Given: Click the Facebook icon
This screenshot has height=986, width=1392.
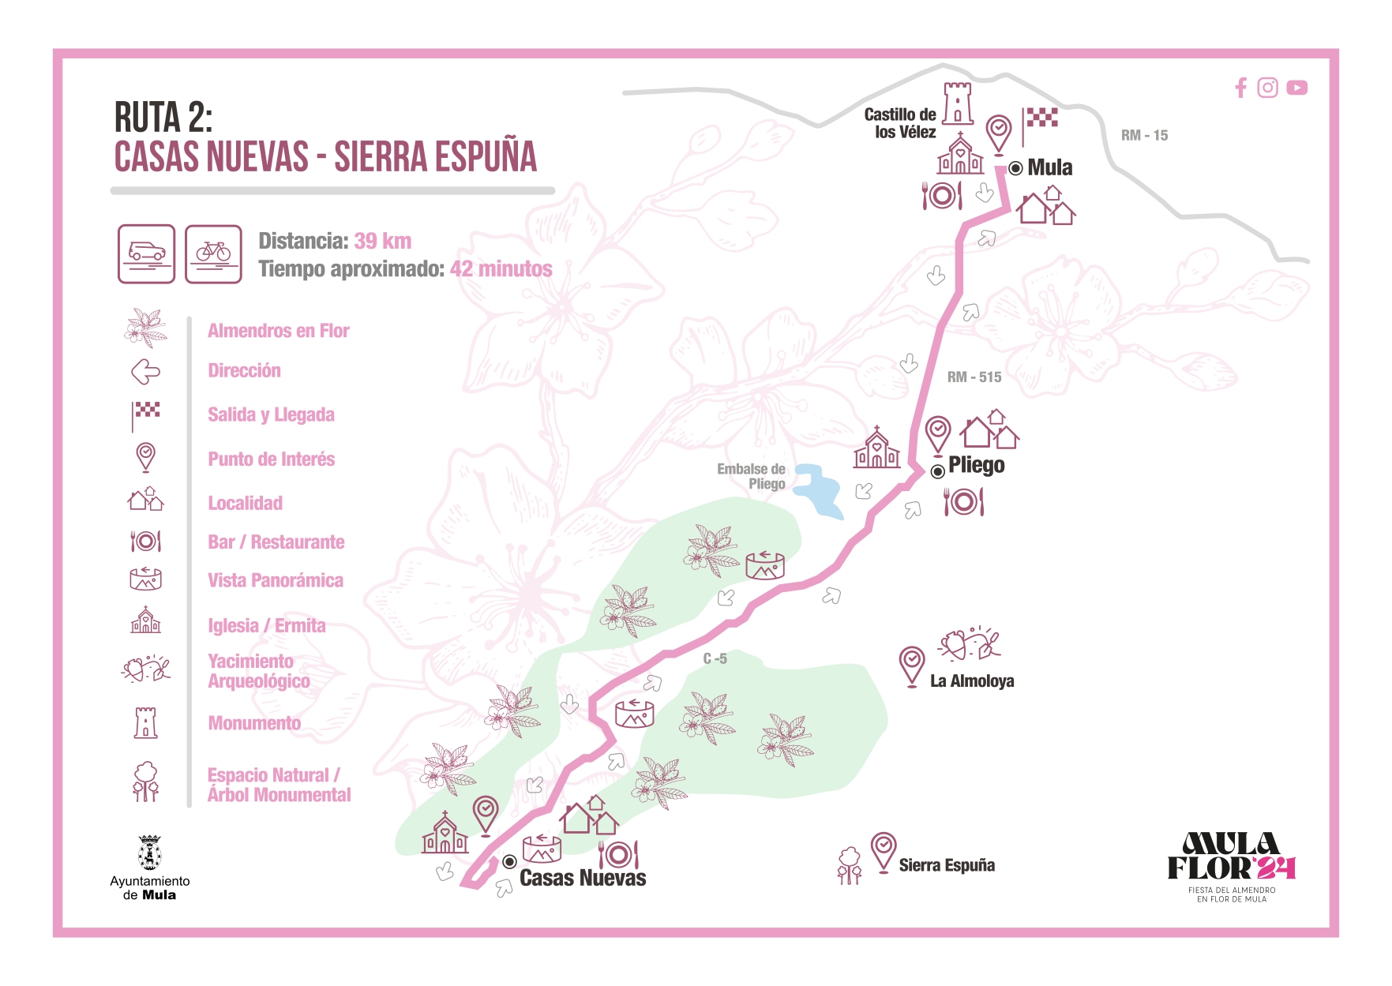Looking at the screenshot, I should tap(1241, 88).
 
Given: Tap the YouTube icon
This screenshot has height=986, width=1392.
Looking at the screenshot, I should tap(1296, 88).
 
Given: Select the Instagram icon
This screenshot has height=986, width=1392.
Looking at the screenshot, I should tap(1267, 88).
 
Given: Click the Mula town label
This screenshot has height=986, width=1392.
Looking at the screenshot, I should tap(1049, 167).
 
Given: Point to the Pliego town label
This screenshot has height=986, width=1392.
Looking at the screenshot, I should tap(976, 465).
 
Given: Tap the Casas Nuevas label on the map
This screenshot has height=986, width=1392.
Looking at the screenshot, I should tap(583, 878).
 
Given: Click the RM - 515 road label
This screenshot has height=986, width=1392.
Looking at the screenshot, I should tap(974, 377).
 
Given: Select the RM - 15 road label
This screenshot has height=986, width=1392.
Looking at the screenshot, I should tap(1144, 135).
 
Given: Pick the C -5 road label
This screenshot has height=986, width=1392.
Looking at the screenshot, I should tap(715, 658).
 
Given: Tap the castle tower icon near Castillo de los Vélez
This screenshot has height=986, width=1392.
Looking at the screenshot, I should tap(958, 103).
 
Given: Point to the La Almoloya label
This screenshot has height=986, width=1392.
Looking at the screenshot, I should tap(972, 680).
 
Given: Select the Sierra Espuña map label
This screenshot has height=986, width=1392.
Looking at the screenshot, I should tap(947, 865).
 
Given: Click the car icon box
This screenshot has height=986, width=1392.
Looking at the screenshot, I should tap(147, 253).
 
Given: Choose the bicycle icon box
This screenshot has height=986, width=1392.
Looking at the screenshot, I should tap(213, 253).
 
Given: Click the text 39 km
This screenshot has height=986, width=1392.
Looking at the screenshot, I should tap(383, 241).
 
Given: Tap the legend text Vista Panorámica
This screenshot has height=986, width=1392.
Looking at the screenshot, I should tap(276, 580).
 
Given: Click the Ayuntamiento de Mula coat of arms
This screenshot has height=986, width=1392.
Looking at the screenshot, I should tap(149, 853).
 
